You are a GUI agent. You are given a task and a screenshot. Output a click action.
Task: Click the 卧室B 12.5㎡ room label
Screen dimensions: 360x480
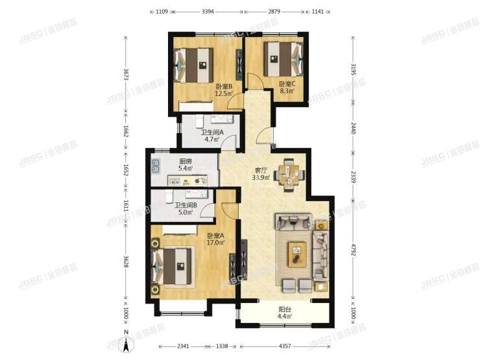click(224, 89)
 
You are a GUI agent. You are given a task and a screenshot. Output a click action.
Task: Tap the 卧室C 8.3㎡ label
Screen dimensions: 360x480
click(287, 87)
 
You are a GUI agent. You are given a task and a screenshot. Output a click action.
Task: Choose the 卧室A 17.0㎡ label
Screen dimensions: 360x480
click(216, 239)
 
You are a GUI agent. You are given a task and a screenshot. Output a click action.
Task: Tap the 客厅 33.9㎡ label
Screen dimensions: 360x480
click(261, 175)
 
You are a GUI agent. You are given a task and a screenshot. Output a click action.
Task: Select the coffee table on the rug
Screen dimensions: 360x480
click(297, 251)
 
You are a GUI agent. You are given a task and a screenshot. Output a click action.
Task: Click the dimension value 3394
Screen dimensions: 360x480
click(209, 11)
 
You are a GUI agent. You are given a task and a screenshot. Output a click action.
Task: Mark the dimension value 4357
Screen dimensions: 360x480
click(287, 347)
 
